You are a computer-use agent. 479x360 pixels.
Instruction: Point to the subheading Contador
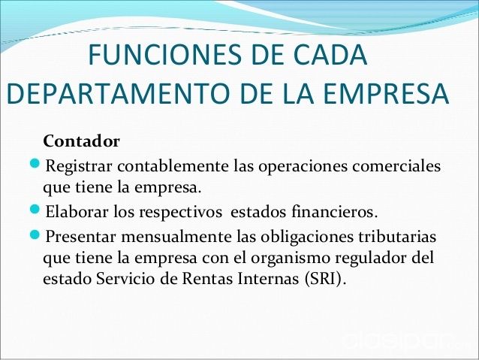coord(81,141)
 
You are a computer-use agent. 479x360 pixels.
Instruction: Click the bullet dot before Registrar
coord(35,163)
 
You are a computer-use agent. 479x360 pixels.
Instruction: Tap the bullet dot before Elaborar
coord(35,210)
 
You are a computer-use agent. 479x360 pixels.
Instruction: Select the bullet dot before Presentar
coord(35,234)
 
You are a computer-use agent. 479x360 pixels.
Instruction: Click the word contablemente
coord(173,166)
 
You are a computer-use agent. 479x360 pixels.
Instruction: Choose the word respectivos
coord(180,213)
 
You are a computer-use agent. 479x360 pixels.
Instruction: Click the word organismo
coord(291,259)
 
